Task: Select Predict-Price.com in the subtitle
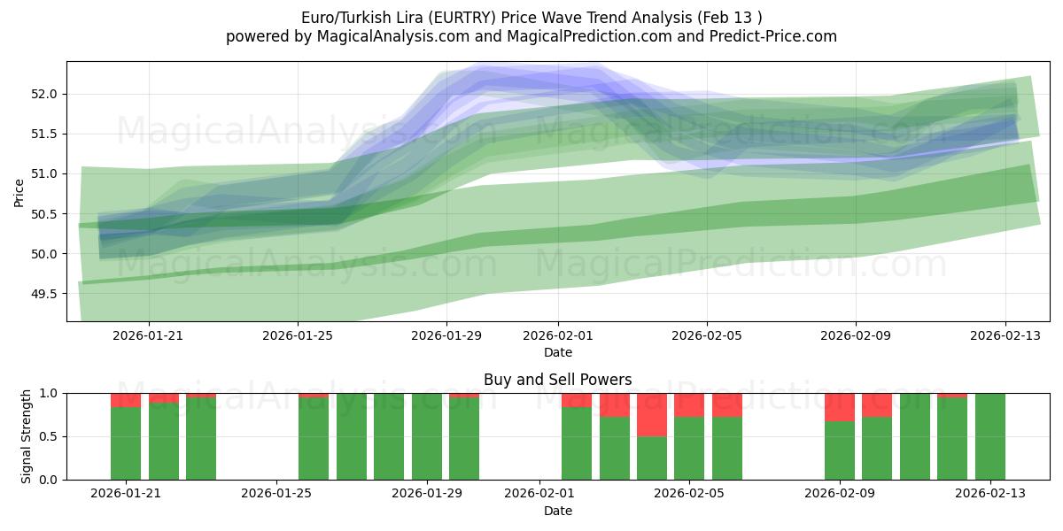tap(767, 36)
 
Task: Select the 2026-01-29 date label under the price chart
tap(446, 335)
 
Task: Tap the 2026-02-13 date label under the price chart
tap(1005, 335)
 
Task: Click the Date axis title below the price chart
tap(558, 352)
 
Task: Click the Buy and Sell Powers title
tap(558, 380)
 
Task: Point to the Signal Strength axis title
tap(27, 436)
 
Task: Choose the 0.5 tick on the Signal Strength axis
tap(49, 436)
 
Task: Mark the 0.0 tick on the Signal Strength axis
tap(49, 480)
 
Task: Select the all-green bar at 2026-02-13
tap(989, 436)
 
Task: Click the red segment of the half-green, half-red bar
tap(652, 414)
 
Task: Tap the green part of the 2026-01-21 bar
tap(126, 443)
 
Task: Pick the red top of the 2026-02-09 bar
tap(839, 406)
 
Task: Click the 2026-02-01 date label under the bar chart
tap(539, 494)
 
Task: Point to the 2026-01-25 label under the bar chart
tap(277, 494)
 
